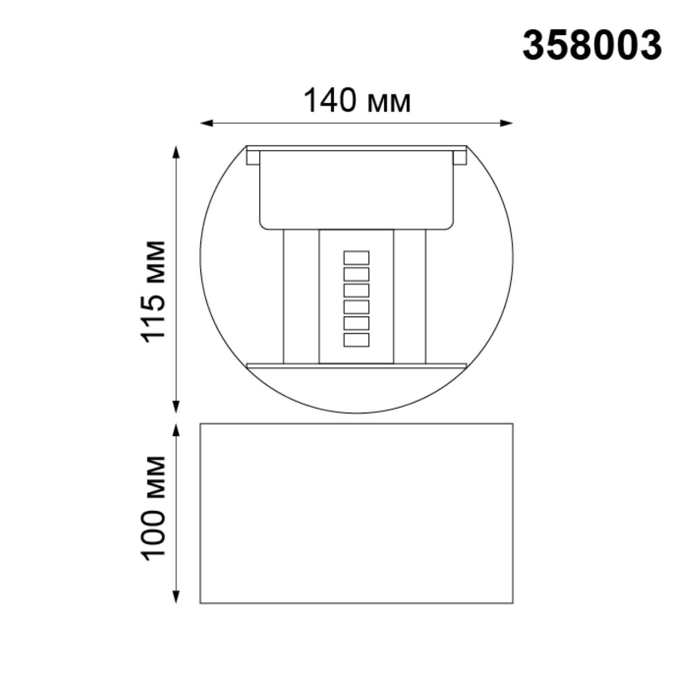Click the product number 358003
click(592, 45)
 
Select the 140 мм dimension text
click(357, 101)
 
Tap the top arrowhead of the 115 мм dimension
click(175, 151)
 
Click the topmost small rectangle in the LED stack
click(356, 257)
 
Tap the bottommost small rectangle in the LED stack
click(356, 340)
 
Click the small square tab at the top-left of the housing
click(253, 157)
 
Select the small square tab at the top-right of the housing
click(460, 157)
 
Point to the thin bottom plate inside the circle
click(356, 365)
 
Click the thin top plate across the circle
click(356, 148)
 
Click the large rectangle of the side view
click(356, 513)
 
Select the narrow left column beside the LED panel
click(301, 296)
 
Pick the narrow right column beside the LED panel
click(410, 296)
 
